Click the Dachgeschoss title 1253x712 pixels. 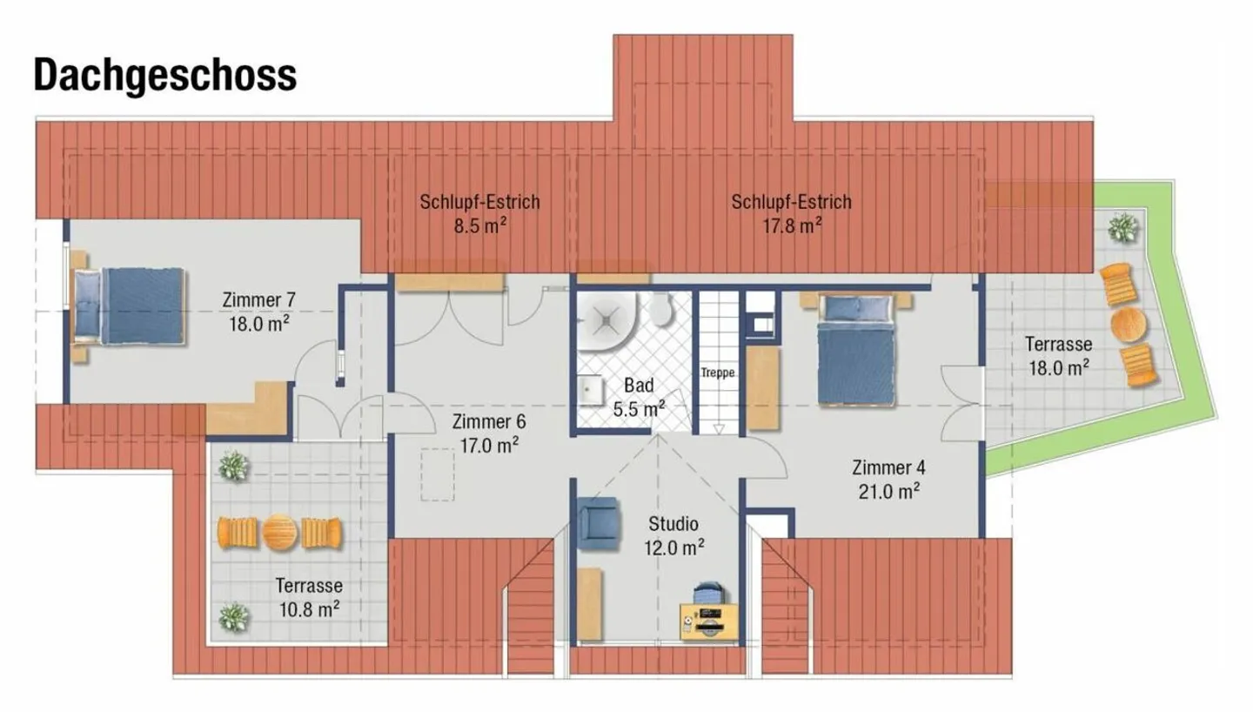pos(165,76)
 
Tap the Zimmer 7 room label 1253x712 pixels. pos(258,301)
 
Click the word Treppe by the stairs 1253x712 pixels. pos(718,373)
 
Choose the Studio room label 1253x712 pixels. pos(673,524)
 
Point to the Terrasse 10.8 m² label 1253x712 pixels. pos(308,596)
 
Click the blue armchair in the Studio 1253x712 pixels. pos(598,522)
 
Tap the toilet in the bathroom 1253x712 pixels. pos(662,309)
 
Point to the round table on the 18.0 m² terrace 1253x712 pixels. pos(1129,324)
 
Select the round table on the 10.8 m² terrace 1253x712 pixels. pos(280,532)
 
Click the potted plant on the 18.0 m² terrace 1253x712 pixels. pos(1122,229)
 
